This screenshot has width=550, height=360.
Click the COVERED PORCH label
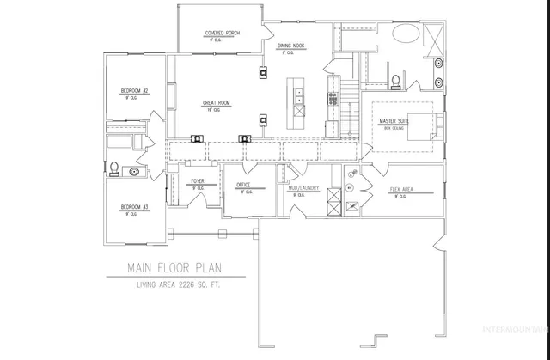222,34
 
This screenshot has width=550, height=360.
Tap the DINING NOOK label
291,47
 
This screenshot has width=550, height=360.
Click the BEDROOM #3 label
135,207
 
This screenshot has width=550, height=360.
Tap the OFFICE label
244,184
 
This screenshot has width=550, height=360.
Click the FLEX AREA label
403,188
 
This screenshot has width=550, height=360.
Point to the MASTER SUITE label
394,122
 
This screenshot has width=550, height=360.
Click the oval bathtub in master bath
406,35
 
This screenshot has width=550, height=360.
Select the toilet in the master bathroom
394,82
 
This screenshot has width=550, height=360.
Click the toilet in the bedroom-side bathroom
113,167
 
